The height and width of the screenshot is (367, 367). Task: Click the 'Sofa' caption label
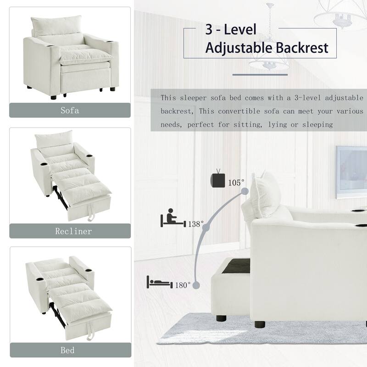point(70,111)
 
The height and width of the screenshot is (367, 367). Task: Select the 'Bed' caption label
point(67,350)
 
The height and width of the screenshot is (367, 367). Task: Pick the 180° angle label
point(182,285)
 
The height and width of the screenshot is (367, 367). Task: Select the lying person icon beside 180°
point(159,282)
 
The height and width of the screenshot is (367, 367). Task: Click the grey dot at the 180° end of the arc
point(196,285)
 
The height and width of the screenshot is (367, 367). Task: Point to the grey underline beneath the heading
point(260,74)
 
